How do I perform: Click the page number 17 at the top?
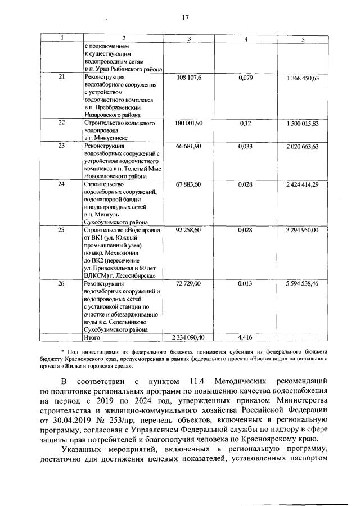tap(184, 17)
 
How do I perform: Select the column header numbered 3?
tap(189, 39)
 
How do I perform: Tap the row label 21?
tap(62, 77)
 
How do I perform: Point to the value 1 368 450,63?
tap(303, 78)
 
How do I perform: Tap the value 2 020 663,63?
tap(303, 146)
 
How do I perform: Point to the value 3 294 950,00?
tap(303, 231)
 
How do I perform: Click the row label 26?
tap(62, 284)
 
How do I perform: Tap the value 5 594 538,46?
tap(303, 284)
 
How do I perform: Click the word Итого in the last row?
tap(92, 337)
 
